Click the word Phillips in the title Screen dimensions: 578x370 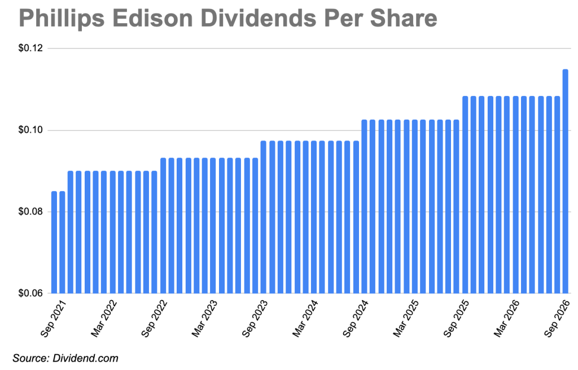62,19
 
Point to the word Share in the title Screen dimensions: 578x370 404,18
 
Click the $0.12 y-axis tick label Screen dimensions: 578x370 31,49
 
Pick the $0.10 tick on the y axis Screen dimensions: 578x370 31,130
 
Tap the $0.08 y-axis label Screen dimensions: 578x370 31,212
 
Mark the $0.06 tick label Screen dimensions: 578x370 31,293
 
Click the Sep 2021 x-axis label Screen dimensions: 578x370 53,319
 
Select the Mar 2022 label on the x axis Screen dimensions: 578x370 104,319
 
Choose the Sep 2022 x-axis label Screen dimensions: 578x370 154,319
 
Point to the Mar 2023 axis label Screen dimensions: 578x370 204,319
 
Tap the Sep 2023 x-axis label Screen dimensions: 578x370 255,319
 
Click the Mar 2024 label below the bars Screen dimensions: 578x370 305,319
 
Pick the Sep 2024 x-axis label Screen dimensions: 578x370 356,319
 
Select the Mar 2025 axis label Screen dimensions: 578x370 405,319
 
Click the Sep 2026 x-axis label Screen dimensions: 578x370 557,319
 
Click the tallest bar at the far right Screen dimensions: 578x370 565,181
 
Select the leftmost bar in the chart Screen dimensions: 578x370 54,243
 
